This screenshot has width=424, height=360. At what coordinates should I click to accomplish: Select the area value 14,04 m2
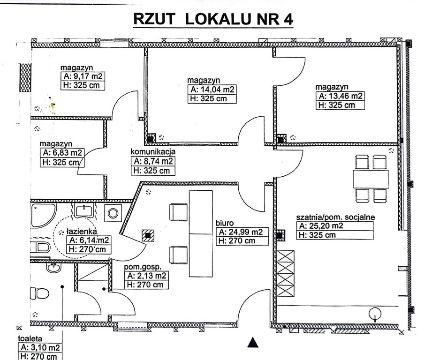tap(212, 90)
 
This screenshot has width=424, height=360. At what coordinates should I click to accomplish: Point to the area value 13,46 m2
tap(341, 96)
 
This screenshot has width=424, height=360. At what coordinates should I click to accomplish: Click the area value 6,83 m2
tap(63, 153)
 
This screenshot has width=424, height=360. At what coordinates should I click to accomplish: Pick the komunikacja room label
tap(153, 151)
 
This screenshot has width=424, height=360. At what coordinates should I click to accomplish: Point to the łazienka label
tap(82, 231)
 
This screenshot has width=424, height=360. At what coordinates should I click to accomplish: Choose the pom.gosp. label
tap(139, 267)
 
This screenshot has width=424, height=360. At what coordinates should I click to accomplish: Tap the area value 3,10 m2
tap(40, 347)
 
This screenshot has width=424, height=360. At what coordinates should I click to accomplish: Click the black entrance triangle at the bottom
tap(253, 343)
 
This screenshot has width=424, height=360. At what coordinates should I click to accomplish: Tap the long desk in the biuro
tap(200, 233)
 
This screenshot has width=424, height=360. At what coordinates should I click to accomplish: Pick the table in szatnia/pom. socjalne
tap(371, 179)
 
